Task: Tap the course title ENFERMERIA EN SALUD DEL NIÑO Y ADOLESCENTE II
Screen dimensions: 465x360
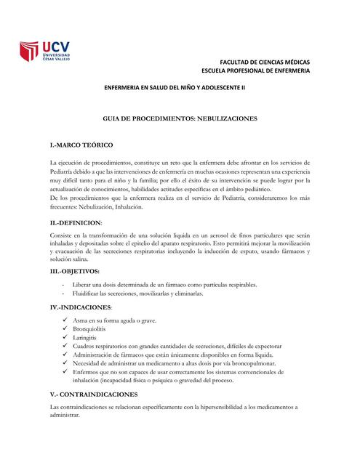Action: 175,87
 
